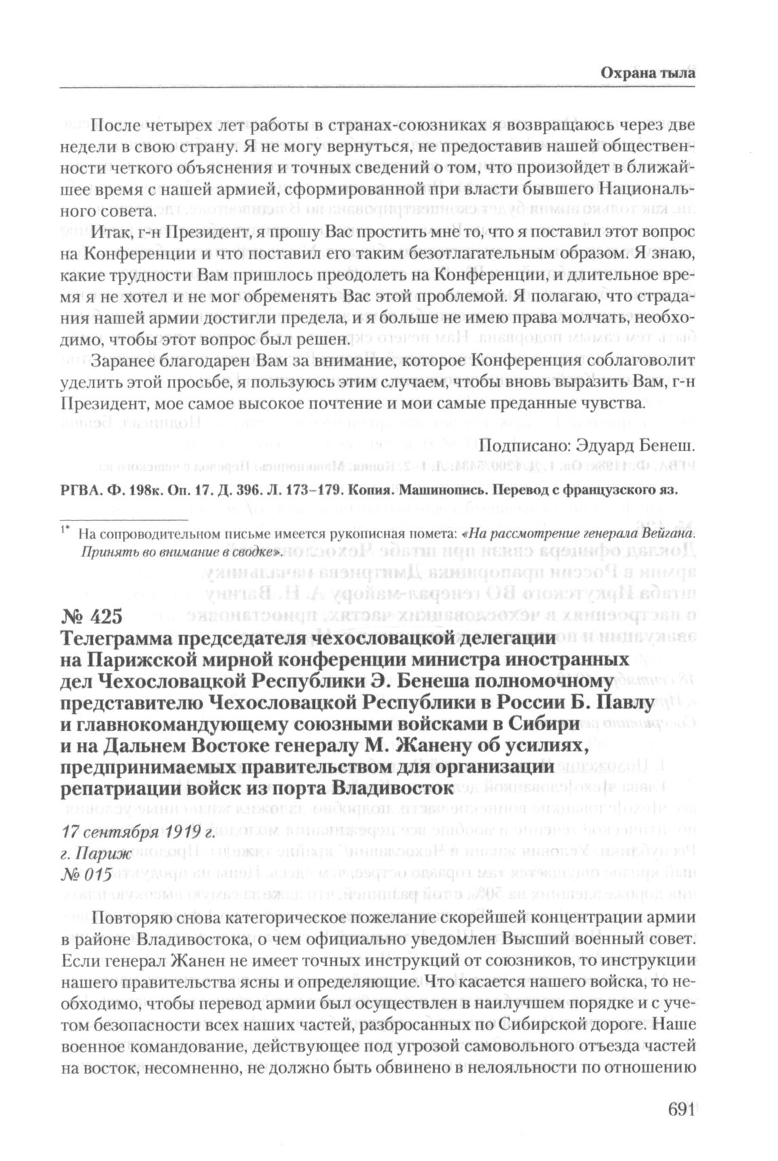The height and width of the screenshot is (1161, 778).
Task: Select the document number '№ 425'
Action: [x=91, y=617]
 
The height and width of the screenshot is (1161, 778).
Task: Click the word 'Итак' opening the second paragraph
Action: [x=111, y=233]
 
